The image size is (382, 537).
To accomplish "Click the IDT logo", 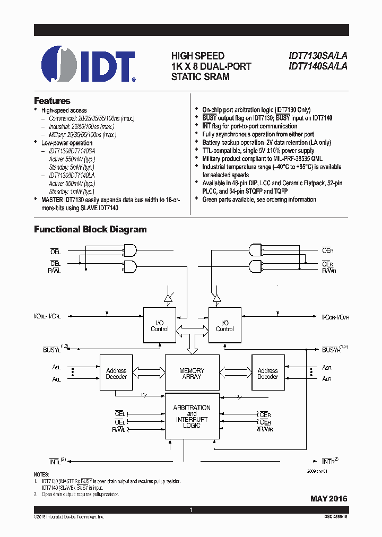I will tap(88, 65).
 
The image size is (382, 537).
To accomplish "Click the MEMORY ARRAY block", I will tap(192, 374).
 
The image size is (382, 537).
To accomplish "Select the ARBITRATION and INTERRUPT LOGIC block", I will tap(192, 416).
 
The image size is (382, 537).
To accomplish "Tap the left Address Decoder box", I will tap(116, 374).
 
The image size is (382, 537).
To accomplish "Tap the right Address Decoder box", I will tap(267, 374).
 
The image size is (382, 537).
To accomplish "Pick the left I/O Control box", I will tap(160, 325).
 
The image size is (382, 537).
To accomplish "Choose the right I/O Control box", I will tap(225, 325).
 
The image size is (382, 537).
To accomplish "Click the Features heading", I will tap(52, 101).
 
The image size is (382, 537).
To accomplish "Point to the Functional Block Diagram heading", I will tap(90, 230).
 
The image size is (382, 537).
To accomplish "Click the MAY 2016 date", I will tap(328, 499).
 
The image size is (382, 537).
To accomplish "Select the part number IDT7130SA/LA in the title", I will tap(318, 56).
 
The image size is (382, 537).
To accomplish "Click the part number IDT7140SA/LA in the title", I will tap(318, 66).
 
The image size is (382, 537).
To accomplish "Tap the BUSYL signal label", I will tap(52, 350).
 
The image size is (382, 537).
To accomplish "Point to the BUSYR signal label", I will tap(332, 350).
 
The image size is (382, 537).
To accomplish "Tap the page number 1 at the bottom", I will tap(191, 510).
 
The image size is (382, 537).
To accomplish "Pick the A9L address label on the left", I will tap(57, 367).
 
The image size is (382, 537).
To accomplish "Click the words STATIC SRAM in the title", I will tap(200, 77).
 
